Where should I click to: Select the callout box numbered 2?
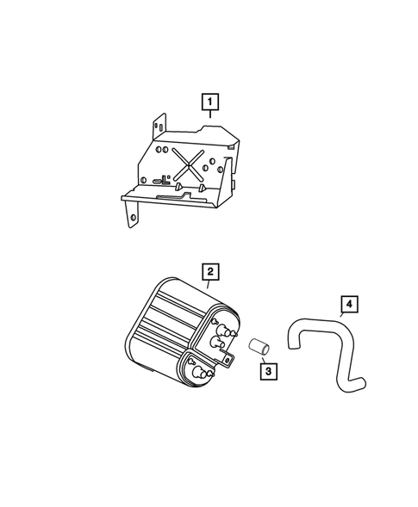(209, 273)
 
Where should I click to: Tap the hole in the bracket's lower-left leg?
(133, 219)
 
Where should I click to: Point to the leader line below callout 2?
(209, 288)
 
